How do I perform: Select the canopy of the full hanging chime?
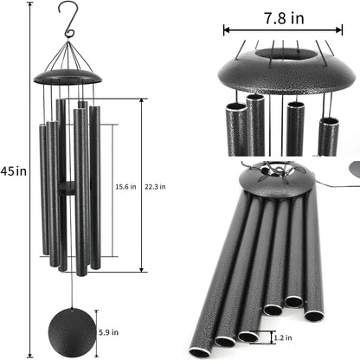click(67, 78)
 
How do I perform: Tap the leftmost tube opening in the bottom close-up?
click(200, 351)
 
